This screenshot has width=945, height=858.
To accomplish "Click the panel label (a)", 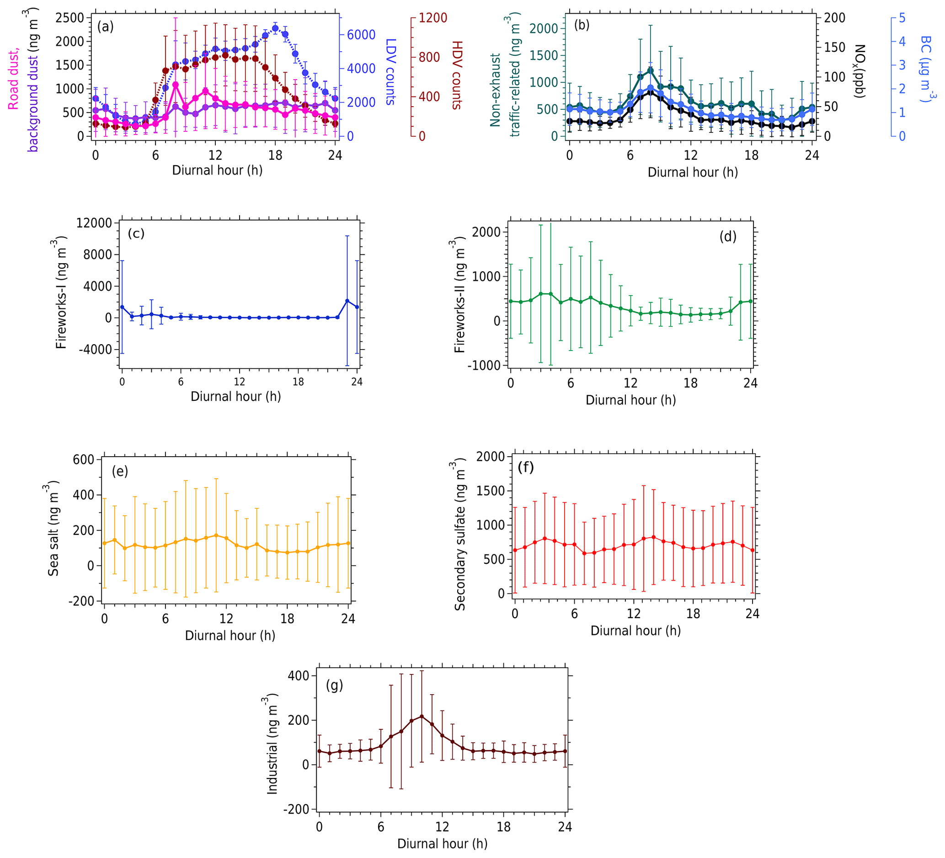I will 105,27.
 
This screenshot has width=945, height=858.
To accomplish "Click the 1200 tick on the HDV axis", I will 432,18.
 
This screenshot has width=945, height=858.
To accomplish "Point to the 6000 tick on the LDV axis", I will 361,35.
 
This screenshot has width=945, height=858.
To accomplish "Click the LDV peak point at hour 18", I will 275,28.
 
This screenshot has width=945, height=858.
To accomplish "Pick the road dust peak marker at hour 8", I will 175,85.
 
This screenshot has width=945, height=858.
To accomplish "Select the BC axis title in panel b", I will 925,69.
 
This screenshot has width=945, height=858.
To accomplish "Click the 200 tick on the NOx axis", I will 834,18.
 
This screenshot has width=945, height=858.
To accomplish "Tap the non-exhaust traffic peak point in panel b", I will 650,71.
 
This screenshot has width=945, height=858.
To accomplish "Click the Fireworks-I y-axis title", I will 61,293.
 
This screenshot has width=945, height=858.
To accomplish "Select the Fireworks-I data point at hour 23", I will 347,301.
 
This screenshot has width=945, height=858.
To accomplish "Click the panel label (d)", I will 728,237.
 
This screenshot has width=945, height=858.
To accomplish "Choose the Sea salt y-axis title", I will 53,528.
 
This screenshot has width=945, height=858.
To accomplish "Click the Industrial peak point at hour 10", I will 422,716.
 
